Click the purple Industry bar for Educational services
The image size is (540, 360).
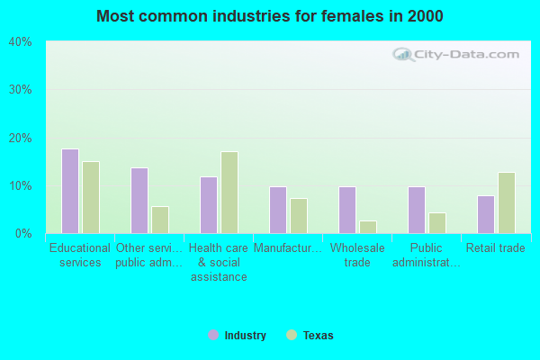pyautogui.click(x=70, y=191)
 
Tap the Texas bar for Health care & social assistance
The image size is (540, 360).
pyautogui.click(x=229, y=193)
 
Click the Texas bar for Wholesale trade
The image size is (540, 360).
pyautogui.click(x=368, y=227)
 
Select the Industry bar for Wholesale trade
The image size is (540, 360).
pyautogui.click(x=347, y=210)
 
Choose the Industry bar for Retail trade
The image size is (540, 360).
pyautogui.click(x=486, y=214)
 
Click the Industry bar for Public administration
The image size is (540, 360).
pyautogui.click(x=417, y=210)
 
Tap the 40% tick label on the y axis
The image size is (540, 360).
pyautogui.click(x=20, y=42)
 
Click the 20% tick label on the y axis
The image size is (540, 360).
pyautogui.click(x=20, y=138)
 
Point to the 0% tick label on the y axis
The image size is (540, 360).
pyautogui.click(x=22, y=234)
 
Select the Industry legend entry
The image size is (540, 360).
pyautogui.click(x=238, y=336)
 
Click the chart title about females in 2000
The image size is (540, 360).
pyautogui.click(x=270, y=16)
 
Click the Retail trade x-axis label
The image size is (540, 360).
pyautogui.click(x=496, y=248)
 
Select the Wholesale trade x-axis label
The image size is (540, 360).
pyautogui.click(x=357, y=256)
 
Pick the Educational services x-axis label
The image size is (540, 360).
pyautogui.click(x=80, y=256)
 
